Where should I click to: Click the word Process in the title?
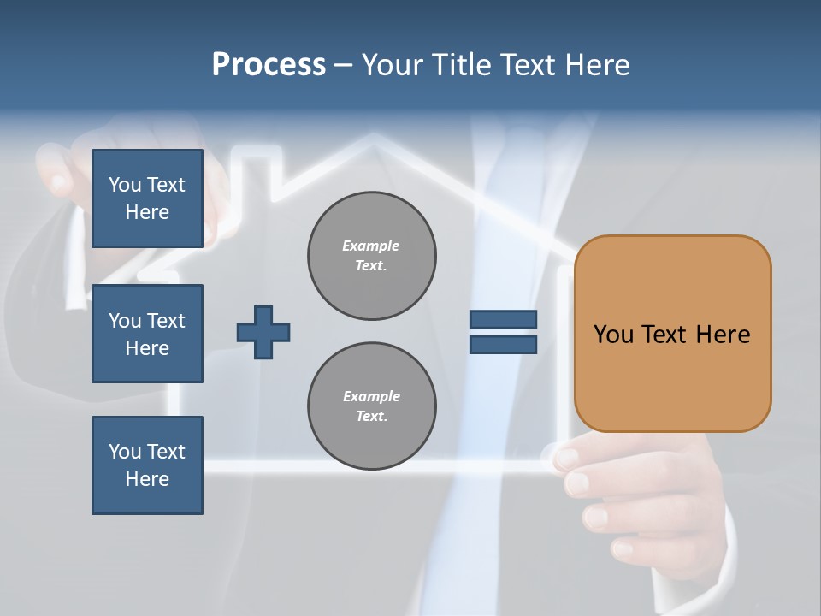pos(269,64)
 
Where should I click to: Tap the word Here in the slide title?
pos(595,64)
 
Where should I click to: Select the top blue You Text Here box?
pos(147,198)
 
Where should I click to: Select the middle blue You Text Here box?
pos(147,334)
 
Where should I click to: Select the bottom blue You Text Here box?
pos(147,465)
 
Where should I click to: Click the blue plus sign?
pos(263,332)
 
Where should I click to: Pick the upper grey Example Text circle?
pos(372,256)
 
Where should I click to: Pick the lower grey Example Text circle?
pos(372,406)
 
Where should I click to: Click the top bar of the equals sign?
pos(503,319)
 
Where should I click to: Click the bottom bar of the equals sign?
pos(503,344)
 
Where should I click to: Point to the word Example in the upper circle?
pos(370,246)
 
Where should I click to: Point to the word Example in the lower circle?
pos(371,396)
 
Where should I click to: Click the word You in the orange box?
pos(612,334)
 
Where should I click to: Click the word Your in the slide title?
pos(393,64)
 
